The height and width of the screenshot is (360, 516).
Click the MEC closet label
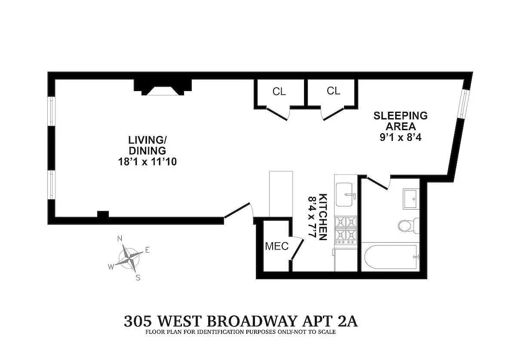pos(276,247)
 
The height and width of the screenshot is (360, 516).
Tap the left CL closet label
pos(279,92)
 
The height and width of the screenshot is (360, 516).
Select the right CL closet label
pos(333,91)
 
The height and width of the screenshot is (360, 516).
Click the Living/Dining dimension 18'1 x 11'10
pos(147,162)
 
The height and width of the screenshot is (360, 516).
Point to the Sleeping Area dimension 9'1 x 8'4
pos(400,138)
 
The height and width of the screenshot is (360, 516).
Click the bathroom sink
pos(412,198)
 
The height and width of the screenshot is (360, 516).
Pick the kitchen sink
pos(346,195)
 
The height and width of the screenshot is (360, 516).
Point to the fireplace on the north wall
pos(163,88)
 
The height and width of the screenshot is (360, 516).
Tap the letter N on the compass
pos(120,239)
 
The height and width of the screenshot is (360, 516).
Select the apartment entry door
pos(238,211)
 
